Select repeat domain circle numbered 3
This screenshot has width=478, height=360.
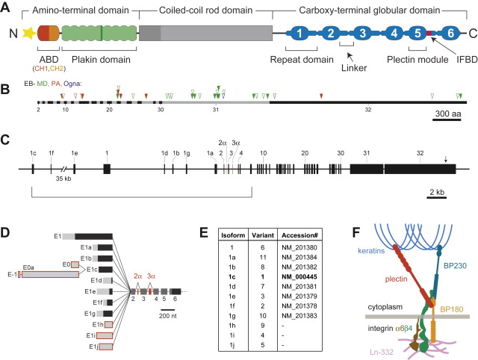361,34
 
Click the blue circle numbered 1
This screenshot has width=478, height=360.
299,34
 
